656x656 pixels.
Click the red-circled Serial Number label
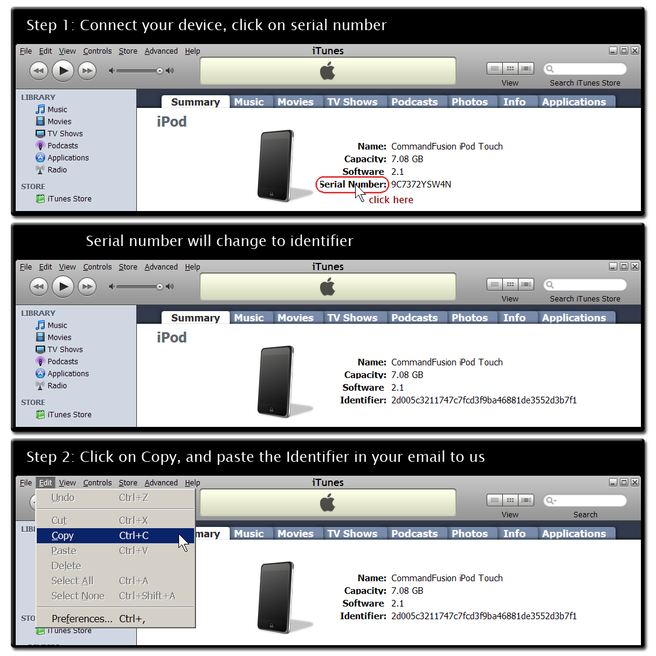click(352, 184)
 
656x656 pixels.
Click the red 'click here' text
click(391, 200)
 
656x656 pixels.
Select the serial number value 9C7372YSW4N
click(421, 184)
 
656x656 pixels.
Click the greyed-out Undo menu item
click(63, 498)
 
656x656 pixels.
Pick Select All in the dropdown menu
click(72, 581)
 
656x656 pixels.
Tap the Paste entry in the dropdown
click(64, 550)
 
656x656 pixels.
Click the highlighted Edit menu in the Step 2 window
click(45, 482)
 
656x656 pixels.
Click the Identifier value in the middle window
click(484, 400)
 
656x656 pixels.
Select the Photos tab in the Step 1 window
click(469, 102)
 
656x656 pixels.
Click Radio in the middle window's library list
click(57, 386)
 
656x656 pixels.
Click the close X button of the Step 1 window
click(635, 51)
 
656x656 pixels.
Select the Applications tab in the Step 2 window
click(573, 534)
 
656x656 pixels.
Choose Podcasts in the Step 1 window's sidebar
click(63, 146)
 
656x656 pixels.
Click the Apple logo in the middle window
click(327, 287)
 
